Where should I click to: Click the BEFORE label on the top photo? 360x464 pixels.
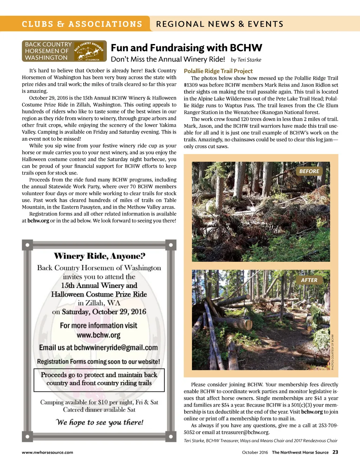[309, 171]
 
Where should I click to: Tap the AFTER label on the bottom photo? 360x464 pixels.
[309, 280]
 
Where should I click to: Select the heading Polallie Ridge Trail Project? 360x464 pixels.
[218, 71]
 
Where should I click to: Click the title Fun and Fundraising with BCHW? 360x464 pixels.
[186, 48]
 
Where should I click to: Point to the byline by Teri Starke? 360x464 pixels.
[246, 60]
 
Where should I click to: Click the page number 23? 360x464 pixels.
[335, 452]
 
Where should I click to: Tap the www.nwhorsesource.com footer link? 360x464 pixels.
[47, 452]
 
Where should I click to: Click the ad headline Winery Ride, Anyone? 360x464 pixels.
[99, 256]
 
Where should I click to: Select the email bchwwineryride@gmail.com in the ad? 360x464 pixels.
[116, 348]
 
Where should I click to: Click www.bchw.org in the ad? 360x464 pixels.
[98, 335]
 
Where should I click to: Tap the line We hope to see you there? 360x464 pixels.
[99, 422]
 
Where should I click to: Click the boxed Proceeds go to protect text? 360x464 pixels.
[99, 379]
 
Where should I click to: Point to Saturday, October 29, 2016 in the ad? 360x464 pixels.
[104, 312]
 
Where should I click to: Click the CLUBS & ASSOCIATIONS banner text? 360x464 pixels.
[82, 24]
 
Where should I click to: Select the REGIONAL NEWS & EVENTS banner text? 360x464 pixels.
[220, 24]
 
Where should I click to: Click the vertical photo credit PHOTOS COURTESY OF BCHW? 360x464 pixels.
[333, 352]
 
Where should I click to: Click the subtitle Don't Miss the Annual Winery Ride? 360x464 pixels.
[168, 59]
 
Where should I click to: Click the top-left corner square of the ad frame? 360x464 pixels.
[27, 244]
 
